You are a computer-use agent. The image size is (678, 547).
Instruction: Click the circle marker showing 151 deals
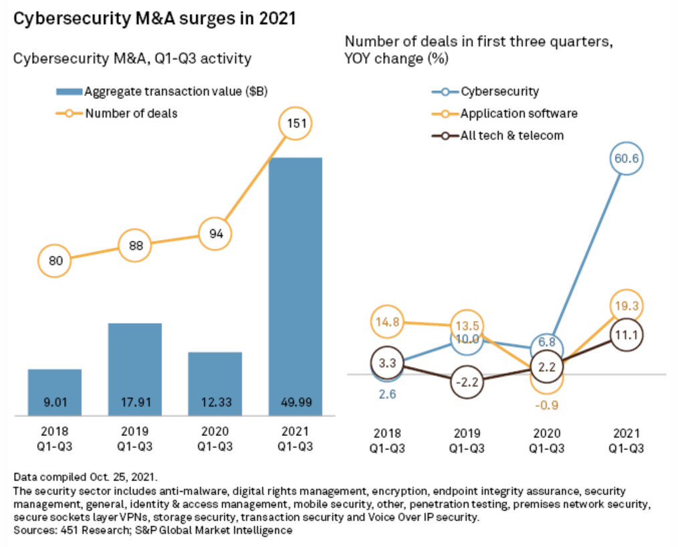pos(295,124)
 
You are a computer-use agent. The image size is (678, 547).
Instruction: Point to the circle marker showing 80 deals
pos(55,260)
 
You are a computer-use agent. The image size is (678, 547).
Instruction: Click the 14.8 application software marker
pos(388,321)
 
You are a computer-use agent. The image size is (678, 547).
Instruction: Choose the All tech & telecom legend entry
pos(498,135)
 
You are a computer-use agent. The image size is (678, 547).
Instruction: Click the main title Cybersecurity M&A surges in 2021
pos(154,19)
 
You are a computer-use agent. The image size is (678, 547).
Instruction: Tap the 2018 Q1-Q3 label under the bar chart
pos(54,439)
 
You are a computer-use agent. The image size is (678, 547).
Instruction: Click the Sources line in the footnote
pos(153,530)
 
